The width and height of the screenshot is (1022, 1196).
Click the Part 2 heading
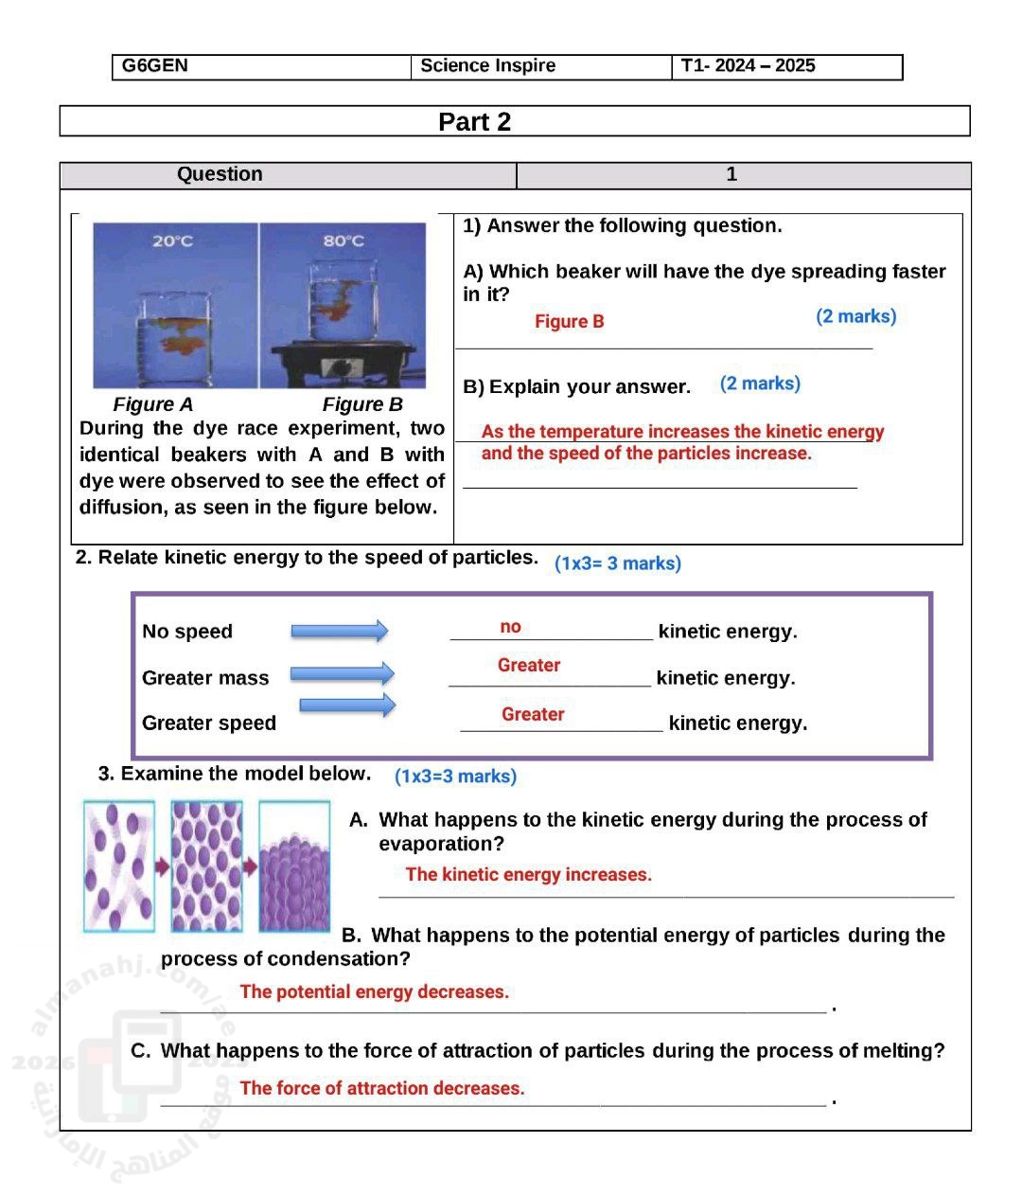pos(474,122)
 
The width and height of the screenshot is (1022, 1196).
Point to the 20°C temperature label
pos(172,241)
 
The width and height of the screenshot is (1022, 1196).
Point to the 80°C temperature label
pos(344,241)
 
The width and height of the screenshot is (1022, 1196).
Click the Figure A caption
pos(152,405)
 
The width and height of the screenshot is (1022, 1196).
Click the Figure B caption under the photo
pos(362,405)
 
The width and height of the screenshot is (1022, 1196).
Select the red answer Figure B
pos(569,322)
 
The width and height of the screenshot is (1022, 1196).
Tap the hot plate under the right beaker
pos(344,364)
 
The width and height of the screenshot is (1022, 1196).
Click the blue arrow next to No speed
pos(339,631)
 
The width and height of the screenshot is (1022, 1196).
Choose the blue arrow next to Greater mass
pos(342,674)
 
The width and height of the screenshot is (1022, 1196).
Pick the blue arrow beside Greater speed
pos(347,705)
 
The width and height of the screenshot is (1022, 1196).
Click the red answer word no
pos(510,627)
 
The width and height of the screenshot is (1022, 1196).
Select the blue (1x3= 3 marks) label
pos(617,563)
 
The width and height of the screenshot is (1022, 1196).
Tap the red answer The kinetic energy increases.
pos(528,875)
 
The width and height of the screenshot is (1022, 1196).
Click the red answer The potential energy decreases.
pos(374,992)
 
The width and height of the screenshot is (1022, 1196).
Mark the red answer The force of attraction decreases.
pos(381,1089)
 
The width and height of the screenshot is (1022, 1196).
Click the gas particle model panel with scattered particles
pos(119,866)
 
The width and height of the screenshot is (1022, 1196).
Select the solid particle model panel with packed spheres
pos(294,866)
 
